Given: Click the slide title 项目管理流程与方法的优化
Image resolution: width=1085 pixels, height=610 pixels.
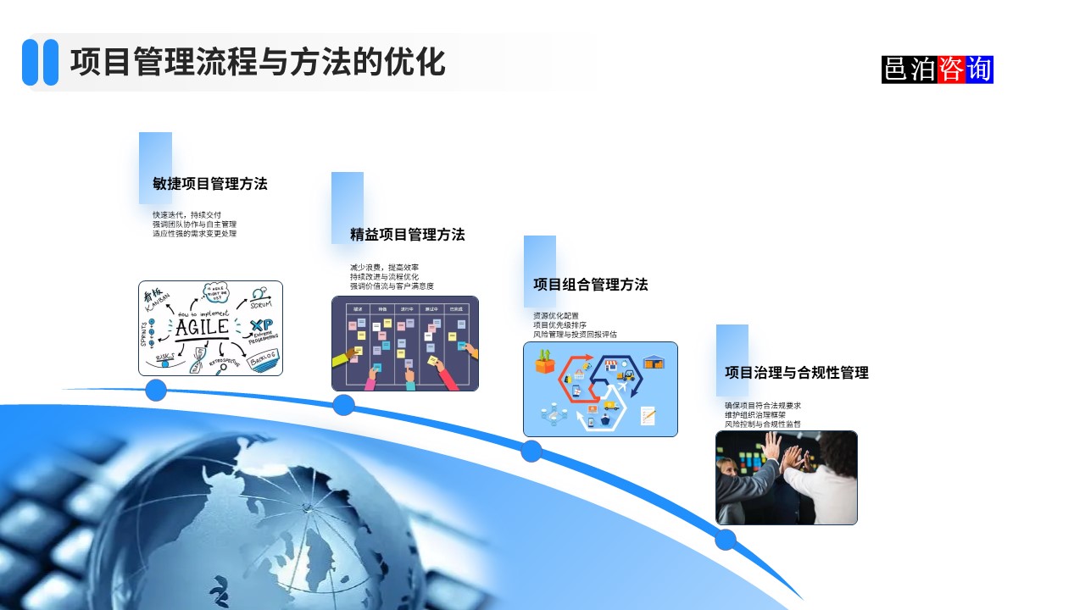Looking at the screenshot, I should pos(258,63).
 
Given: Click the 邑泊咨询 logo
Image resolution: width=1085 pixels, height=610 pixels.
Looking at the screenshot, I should pos(937,69).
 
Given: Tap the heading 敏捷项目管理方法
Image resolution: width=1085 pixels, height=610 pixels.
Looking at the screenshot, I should pos(210,184).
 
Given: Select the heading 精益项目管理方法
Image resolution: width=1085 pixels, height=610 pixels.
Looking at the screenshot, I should pos(407,235).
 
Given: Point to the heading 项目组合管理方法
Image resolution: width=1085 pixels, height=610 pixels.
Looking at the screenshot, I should pos(590,285).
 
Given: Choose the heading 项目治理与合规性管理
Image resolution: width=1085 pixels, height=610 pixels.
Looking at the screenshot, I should pos(796,373).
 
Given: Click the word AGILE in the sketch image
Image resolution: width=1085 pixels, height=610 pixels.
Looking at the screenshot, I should pos(202,327).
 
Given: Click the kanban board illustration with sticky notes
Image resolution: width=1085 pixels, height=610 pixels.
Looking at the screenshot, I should pos(404,343).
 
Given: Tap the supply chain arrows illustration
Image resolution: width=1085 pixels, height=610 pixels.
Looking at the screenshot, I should pos(600,389).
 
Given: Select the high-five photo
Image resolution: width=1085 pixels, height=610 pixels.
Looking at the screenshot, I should pos(786,478).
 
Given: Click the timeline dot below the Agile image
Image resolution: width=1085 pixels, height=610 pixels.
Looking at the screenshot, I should pos(156,390).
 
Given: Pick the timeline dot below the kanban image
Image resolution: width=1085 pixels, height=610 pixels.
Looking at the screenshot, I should pos(343,405).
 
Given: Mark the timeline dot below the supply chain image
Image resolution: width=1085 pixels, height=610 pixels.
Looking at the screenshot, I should pos(531,451).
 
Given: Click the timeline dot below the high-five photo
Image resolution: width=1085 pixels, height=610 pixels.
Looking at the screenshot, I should pos(726,540).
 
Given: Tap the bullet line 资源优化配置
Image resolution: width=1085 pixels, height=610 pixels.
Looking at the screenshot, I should pos(555,316).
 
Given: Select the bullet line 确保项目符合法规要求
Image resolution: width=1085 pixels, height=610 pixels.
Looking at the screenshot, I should pos(763,406).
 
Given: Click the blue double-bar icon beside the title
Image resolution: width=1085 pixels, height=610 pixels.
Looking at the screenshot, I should pos(40,63).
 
